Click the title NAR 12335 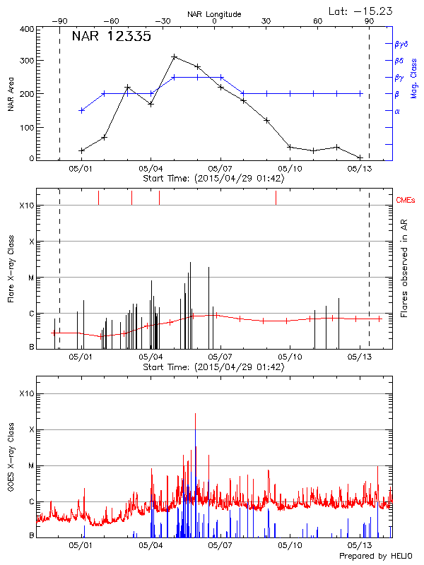[112, 37]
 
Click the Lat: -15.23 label [361, 10]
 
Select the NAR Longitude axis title [215, 14]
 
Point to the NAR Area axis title [11, 94]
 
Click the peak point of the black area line [174, 56]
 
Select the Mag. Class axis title [414, 78]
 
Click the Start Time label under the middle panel [213, 367]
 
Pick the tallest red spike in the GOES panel [195, 415]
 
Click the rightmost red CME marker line [276, 198]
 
